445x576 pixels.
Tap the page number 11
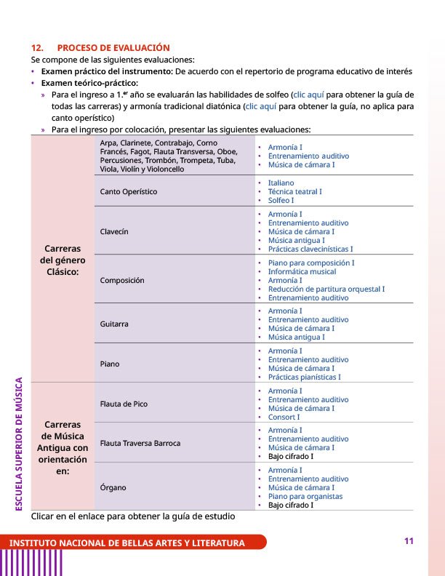[409, 541]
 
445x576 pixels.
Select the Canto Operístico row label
[129, 191]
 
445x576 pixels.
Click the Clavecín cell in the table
[115, 231]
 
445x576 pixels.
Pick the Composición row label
[122, 280]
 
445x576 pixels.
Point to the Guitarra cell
[115, 324]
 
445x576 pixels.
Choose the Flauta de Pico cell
[124, 403]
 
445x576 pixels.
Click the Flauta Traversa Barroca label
[140, 443]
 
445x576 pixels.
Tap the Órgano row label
[113, 487]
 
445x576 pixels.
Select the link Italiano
[281, 183]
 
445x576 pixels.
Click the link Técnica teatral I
[294, 191]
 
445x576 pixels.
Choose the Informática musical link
[302, 271]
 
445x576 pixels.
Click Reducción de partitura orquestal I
[326, 289]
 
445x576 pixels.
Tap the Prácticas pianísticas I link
[304, 377]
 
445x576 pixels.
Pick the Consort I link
[284, 417]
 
